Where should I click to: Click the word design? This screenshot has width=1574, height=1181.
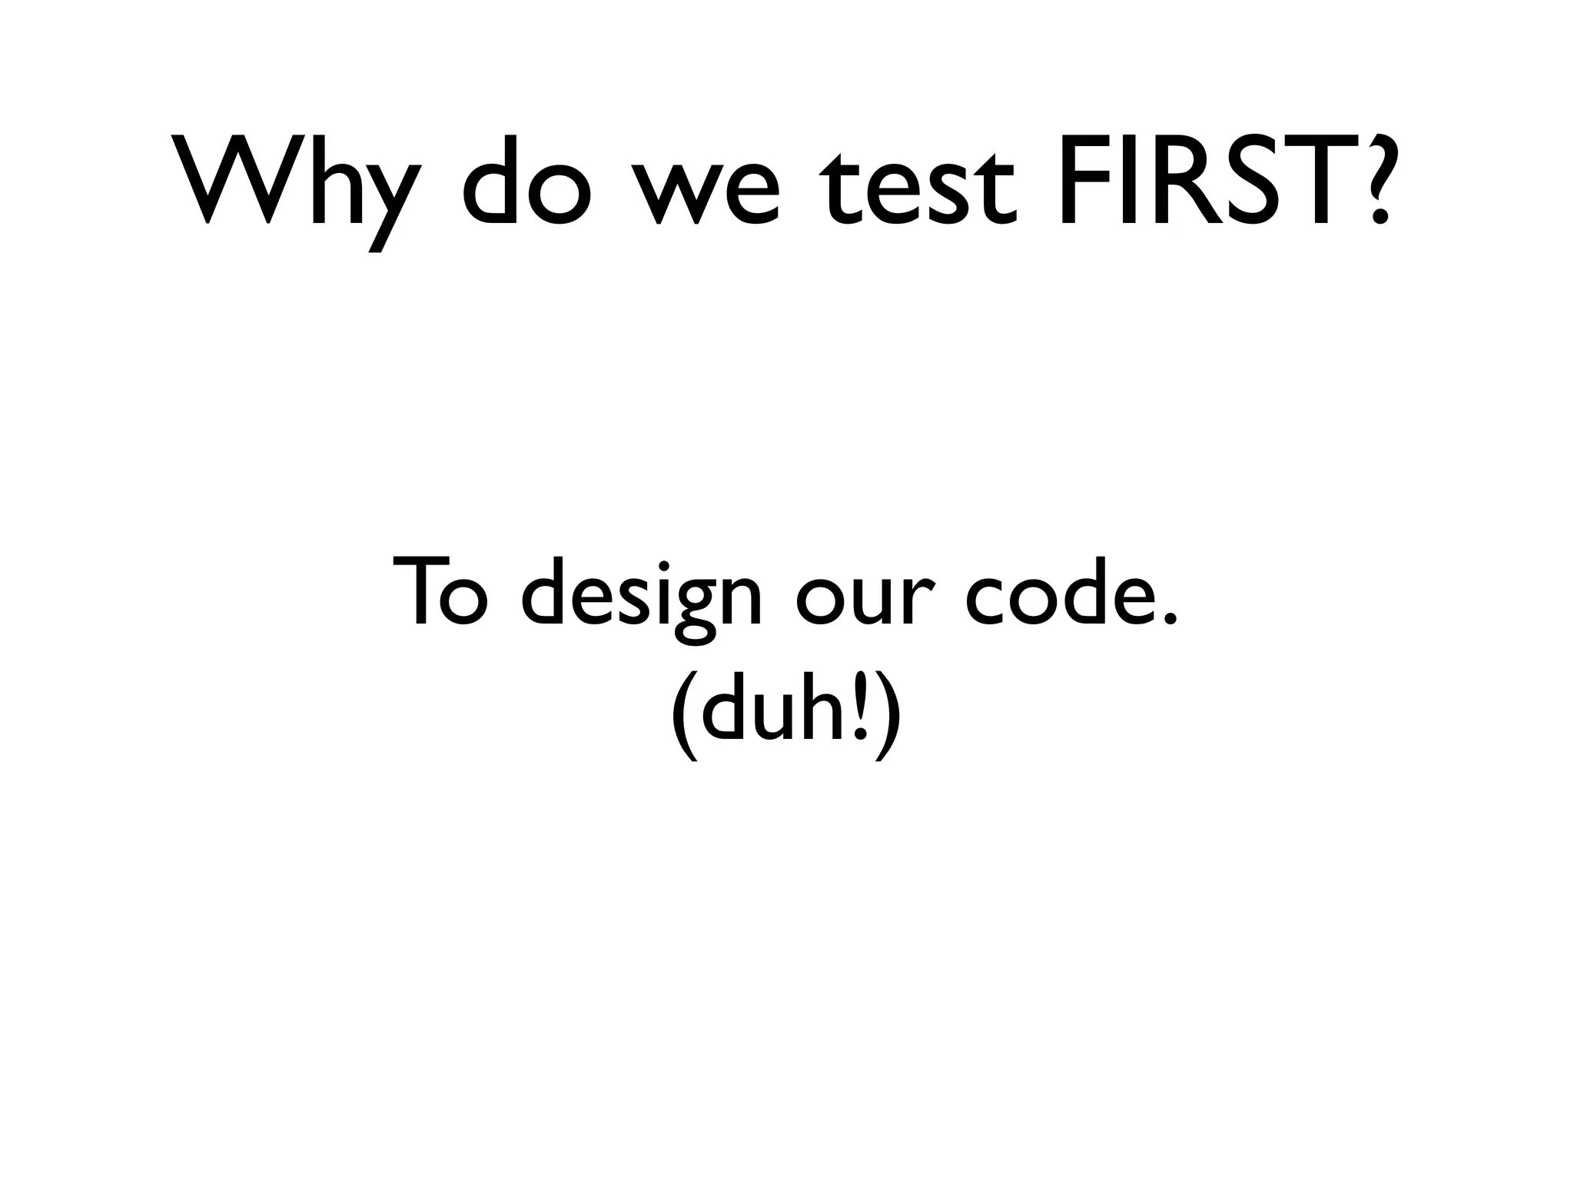click(x=643, y=596)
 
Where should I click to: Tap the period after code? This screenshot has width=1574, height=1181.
click(x=1169, y=618)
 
